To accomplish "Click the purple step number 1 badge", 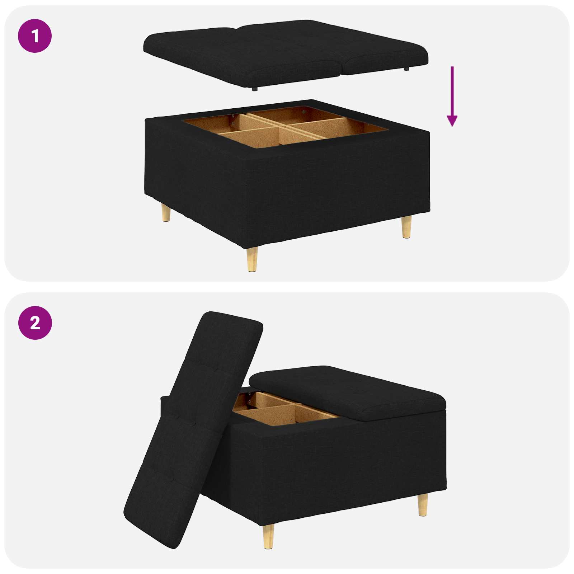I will tap(35, 36).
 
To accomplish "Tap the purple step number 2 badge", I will tap(35, 323).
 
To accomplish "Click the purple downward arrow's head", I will tap(452, 121).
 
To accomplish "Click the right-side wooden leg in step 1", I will tap(406, 227).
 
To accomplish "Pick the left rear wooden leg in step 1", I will tap(166, 212).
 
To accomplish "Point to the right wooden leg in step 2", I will tap(423, 504).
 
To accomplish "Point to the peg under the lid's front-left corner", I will tap(254, 89).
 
